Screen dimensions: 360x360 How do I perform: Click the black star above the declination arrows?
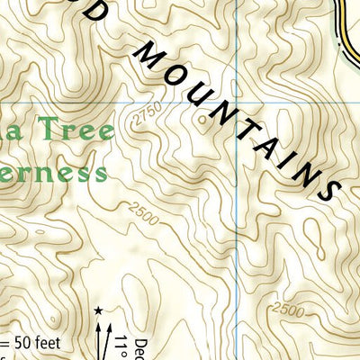pos(97,310)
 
